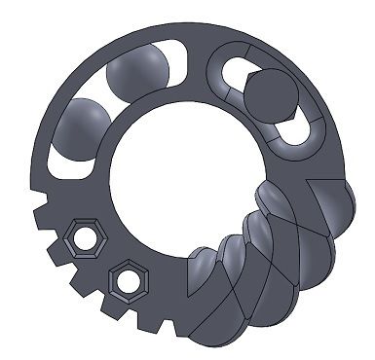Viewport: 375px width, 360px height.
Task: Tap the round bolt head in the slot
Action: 270,96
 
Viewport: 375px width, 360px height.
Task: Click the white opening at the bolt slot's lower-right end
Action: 304,131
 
